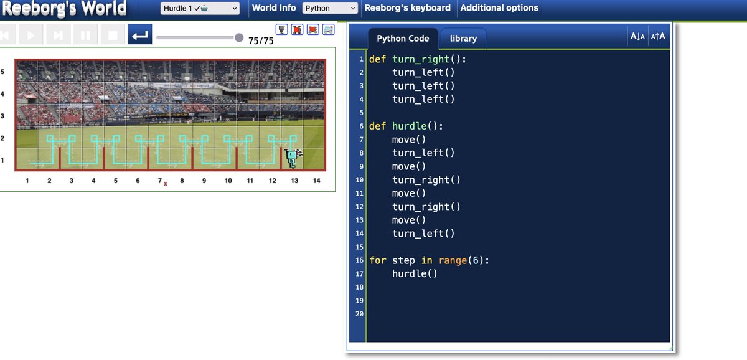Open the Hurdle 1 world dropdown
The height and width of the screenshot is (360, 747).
click(x=200, y=8)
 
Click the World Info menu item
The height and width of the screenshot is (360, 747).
click(x=274, y=8)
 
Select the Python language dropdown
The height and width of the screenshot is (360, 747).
click(x=330, y=8)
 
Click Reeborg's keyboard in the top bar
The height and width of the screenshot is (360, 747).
click(x=407, y=8)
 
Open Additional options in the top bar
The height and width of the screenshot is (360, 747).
click(x=499, y=8)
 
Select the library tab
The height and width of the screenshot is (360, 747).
click(x=463, y=39)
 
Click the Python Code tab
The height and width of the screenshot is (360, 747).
click(x=403, y=39)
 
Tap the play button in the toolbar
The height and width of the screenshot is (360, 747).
click(x=31, y=34)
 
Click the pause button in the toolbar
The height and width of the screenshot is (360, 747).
click(x=85, y=34)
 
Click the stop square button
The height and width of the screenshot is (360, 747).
click(x=113, y=34)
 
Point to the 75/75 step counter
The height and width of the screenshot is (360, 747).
click(x=261, y=40)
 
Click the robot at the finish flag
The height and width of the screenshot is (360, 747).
click(x=292, y=158)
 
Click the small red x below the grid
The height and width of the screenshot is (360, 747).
click(x=166, y=184)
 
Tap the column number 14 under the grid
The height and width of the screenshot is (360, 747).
click(x=316, y=181)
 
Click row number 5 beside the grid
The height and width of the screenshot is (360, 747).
click(x=2, y=72)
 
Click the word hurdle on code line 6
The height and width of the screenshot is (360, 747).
click(x=409, y=126)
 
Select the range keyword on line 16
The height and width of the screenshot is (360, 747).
click(x=453, y=260)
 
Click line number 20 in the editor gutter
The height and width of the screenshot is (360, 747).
click(x=359, y=314)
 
